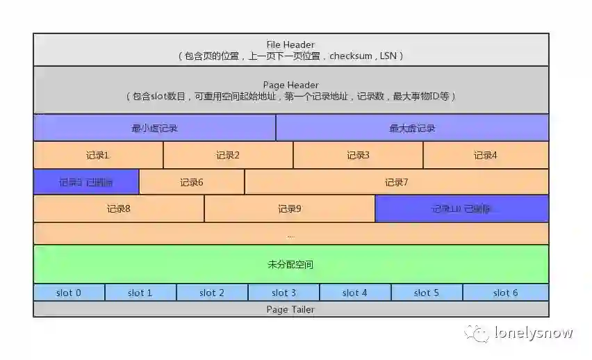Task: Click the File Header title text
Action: [290, 44]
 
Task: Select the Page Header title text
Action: [290, 85]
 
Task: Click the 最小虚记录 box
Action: [154, 128]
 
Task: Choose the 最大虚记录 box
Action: [412, 128]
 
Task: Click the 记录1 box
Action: [98, 155]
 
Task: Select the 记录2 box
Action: [228, 155]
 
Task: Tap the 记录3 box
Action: [358, 155]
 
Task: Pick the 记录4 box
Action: [486, 155]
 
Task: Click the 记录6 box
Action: [192, 182]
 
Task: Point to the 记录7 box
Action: [396, 182]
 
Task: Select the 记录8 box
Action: [119, 208]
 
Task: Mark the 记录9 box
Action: [290, 208]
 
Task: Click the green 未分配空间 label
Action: [290, 264]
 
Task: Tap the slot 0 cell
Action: [69, 293]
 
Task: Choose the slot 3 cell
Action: [283, 293]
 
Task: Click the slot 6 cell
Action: [505, 293]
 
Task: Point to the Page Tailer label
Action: [290, 309]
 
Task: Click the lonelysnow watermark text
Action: [533, 333]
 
